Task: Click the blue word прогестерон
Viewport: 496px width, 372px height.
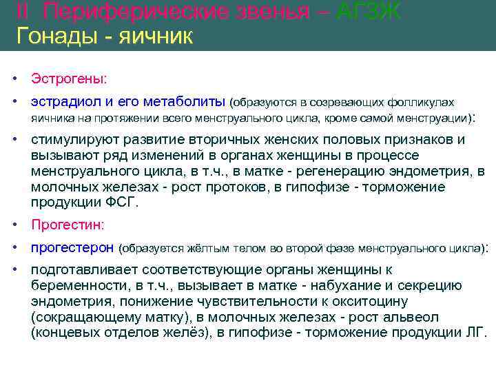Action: (72, 247)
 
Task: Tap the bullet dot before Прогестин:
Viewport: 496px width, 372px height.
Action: (14, 225)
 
